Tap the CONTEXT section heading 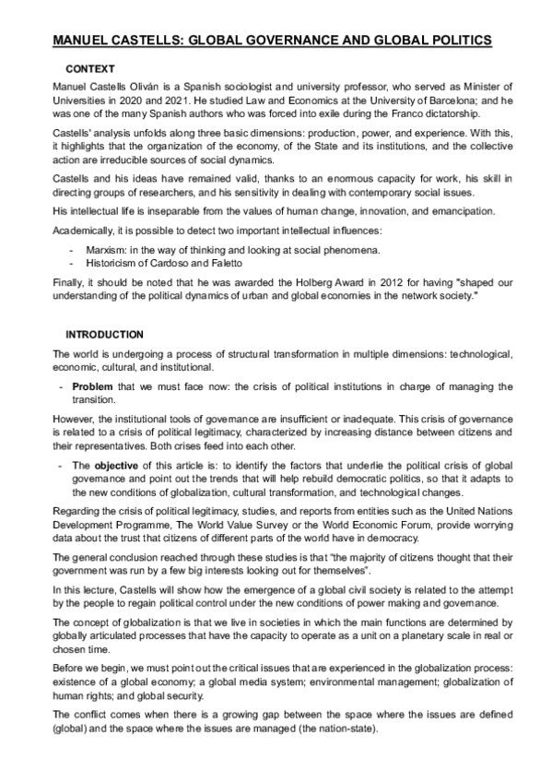click(x=90, y=69)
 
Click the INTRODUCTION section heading click(x=104, y=334)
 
